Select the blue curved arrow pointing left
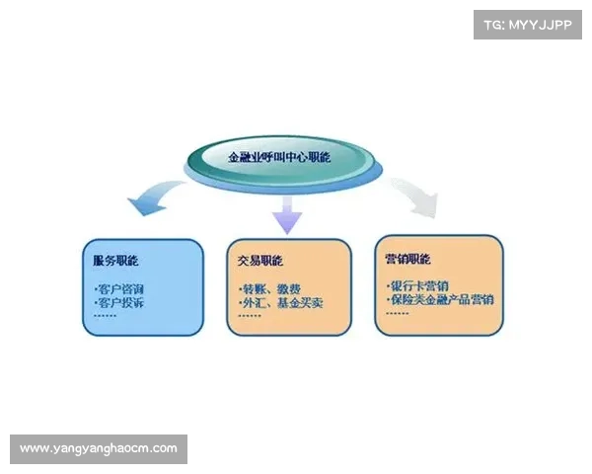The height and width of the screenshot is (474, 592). (x=149, y=199)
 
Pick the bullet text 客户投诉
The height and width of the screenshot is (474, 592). (x=119, y=302)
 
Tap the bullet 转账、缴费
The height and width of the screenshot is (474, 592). (x=270, y=288)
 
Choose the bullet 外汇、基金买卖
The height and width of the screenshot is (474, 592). (x=282, y=302)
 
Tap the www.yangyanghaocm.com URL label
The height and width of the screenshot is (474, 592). (x=99, y=448)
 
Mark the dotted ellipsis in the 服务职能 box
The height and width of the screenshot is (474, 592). (x=105, y=315)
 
